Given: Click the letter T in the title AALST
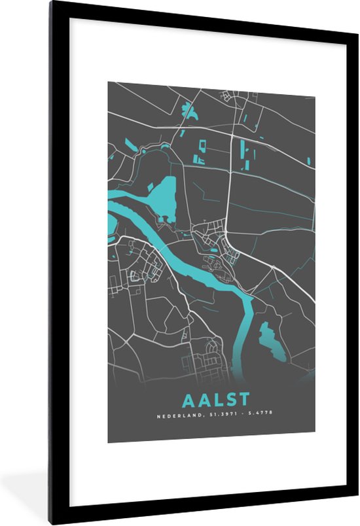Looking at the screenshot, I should pyautogui.click(x=243, y=400).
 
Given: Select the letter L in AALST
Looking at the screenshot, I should pyautogui.click(x=217, y=400).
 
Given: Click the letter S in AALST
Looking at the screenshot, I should pyautogui.click(x=230, y=400).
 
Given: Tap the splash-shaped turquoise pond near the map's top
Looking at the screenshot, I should pyautogui.click(x=190, y=111).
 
